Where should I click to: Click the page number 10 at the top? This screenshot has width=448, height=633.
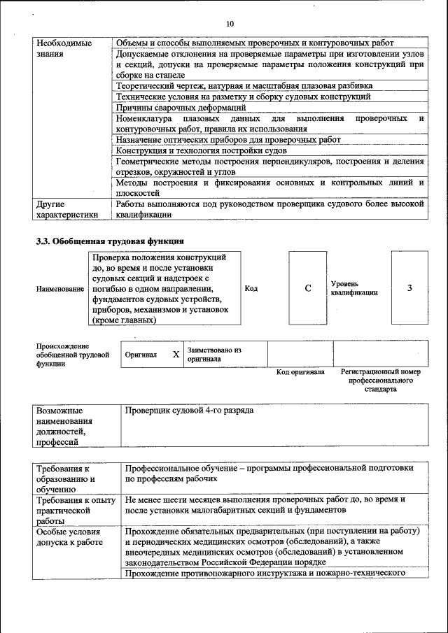(x=230, y=24)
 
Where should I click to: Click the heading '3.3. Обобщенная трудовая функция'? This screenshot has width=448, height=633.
(x=110, y=241)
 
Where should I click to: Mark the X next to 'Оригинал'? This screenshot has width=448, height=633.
(x=176, y=355)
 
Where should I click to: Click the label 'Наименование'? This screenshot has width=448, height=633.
(x=60, y=289)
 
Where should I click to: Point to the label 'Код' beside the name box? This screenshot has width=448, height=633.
(x=251, y=288)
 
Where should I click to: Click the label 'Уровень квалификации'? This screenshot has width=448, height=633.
(x=354, y=288)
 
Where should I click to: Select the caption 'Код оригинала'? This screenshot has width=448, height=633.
(x=300, y=372)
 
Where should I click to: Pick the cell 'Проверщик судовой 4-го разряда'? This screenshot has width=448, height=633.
(x=189, y=410)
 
